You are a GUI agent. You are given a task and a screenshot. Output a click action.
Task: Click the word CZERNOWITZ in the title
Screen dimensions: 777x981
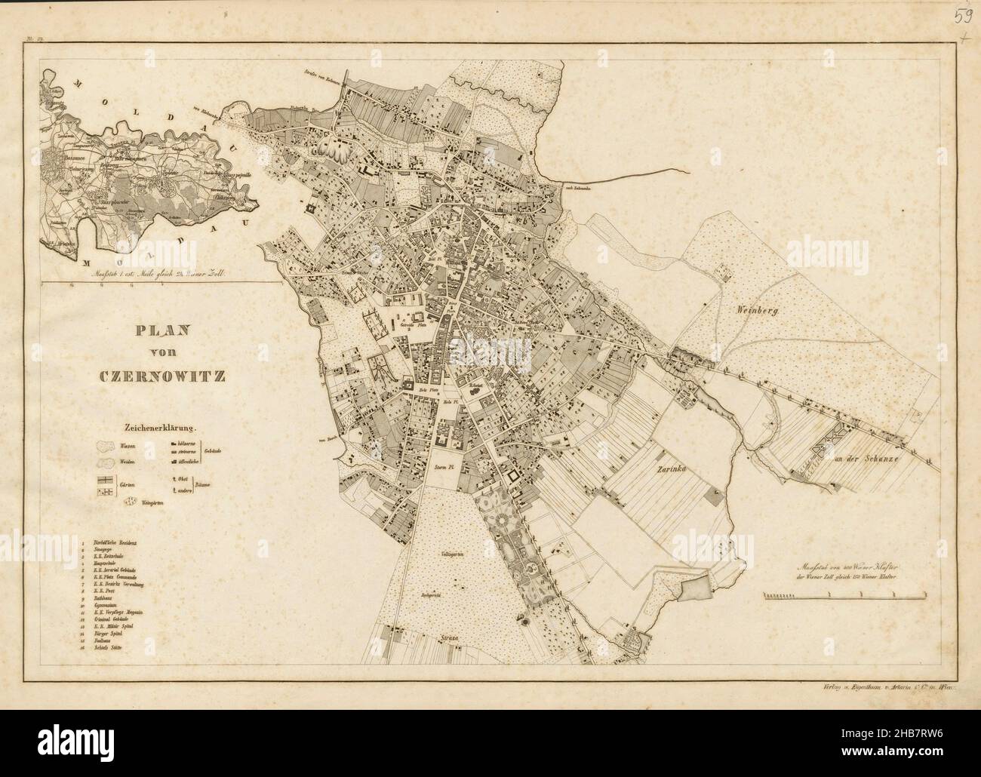pyautogui.click(x=161, y=375)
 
